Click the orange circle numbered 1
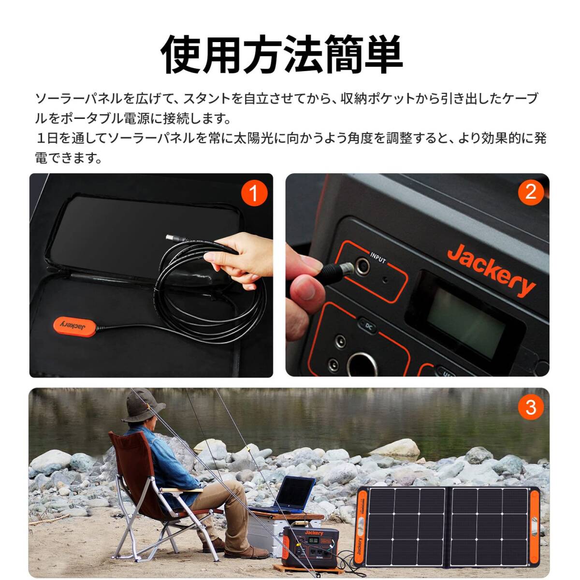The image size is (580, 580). point(254,194)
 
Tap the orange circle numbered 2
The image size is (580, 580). point(531,192)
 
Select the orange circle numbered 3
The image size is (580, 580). point(531,407)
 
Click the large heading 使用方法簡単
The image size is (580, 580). point(282,54)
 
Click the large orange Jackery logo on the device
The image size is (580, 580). point(491,270)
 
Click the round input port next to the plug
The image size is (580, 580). point(361,265)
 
